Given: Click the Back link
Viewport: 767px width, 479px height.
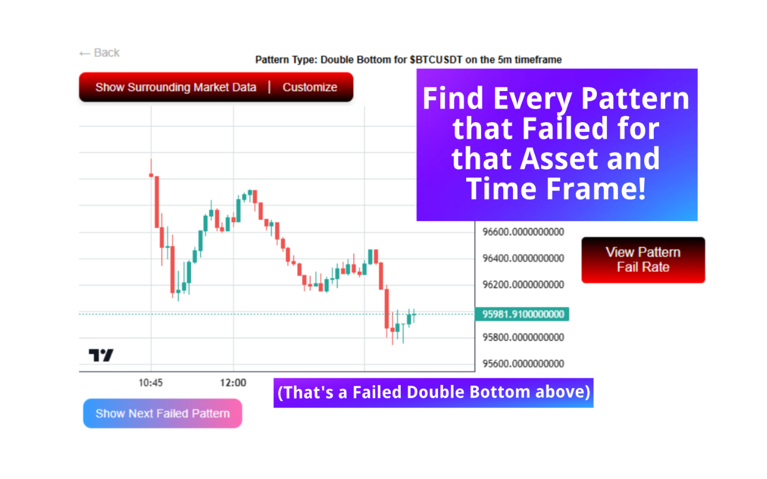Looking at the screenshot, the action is point(99,53).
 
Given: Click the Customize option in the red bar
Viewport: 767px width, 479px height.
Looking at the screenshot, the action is point(310,87).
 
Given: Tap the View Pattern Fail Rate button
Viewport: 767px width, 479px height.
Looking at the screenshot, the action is point(643,260).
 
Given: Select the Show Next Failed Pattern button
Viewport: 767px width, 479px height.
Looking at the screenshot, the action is point(162,413).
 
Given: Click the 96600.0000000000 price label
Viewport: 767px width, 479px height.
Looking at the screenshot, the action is point(523,232).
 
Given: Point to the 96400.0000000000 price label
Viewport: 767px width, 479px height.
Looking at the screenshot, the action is point(523,258).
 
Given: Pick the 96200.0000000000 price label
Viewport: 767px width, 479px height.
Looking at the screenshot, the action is point(523,284).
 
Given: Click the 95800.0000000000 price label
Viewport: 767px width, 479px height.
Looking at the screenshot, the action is point(523,337).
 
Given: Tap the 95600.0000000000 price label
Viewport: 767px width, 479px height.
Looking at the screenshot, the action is point(523,363).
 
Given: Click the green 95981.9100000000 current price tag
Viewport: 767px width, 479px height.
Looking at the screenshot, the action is point(522,314).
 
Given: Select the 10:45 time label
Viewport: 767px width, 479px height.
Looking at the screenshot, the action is point(150,383).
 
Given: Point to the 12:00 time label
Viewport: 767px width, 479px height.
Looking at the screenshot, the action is point(233,383).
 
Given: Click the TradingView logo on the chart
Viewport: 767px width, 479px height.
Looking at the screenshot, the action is point(101,355).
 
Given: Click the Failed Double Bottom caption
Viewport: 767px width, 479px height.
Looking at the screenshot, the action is point(433,392).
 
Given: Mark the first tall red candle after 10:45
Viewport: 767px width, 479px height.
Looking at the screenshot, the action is point(157,202).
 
